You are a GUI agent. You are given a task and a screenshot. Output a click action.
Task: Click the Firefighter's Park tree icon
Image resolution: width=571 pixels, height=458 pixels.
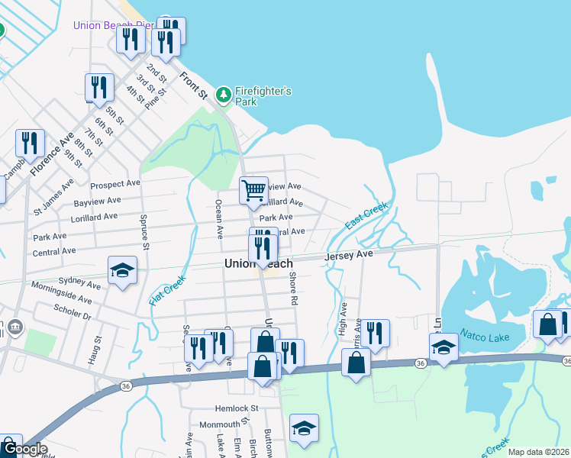pyautogui.click(x=223, y=95)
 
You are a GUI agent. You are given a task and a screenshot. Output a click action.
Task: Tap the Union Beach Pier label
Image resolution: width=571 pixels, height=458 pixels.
pyautogui.click(x=113, y=25)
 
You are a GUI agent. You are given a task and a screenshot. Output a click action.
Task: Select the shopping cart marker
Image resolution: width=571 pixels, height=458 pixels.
pyautogui.click(x=253, y=190)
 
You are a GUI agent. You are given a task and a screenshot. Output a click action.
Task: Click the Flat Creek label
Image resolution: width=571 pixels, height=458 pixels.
pyautogui.click(x=168, y=292)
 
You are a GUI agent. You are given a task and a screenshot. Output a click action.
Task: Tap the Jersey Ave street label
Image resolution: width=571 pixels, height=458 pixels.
pyautogui.click(x=349, y=255)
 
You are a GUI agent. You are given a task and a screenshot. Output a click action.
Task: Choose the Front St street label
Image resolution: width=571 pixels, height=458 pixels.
pyautogui.click(x=193, y=85)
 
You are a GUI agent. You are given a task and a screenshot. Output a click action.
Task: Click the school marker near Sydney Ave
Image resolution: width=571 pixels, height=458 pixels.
pyautogui.click(x=122, y=271)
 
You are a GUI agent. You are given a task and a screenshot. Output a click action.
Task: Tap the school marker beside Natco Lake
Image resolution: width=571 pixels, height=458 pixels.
pyautogui.click(x=444, y=347)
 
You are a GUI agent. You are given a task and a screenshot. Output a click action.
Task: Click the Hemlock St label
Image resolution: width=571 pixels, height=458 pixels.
pyautogui.click(x=238, y=408)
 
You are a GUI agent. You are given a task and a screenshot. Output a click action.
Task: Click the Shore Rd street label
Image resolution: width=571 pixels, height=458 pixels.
pyautogui.click(x=292, y=289)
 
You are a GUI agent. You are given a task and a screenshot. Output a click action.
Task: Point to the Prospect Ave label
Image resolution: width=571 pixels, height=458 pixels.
pyautogui.click(x=115, y=184)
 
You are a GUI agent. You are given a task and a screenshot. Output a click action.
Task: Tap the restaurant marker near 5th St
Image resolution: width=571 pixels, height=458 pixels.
pyautogui.click(x=99, y=87)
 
